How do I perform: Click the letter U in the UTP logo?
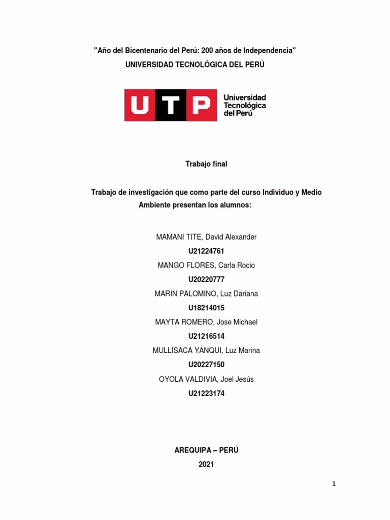click(x=139, y=105)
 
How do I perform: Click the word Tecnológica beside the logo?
click(x=245, y=105)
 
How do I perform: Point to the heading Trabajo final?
click(x=206, y=164)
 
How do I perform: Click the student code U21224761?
click(x=206, y=251)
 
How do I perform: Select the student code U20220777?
click(x=206, y=279)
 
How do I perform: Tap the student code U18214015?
click(x=206, y=308)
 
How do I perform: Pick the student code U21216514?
click(x=206, y=336)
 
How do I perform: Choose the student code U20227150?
click(x=206, y=365)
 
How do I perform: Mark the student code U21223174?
click(x=206, y=393)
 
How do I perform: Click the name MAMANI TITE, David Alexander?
click(x=206, y=237)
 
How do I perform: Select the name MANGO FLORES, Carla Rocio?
click(x=206, y=265)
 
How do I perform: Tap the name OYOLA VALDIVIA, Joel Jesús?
click(x=206, y=379)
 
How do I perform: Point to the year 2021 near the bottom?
click(x=206, y=464)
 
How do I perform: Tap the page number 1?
click(x=334, y=484)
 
